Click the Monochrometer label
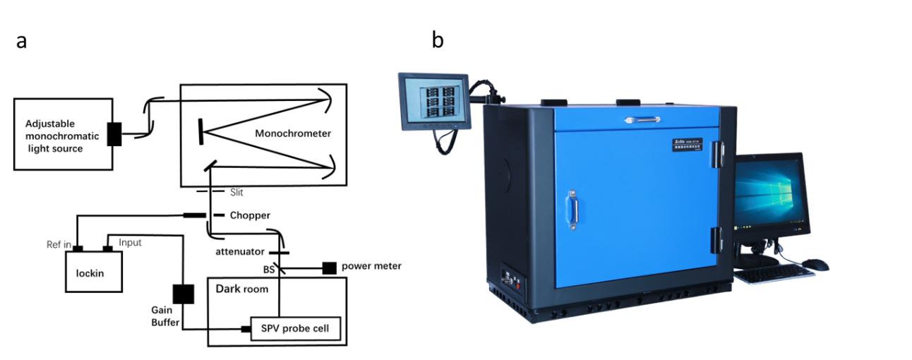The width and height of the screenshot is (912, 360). [x=293, y=133]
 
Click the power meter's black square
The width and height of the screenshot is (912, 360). [x=330, y=268]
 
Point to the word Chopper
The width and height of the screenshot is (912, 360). [x=250, y=215]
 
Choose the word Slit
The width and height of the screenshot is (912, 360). [x=237, y=192]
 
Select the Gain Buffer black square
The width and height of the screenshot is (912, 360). [x=183, y=294]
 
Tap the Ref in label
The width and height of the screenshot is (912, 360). [x=59, y=244]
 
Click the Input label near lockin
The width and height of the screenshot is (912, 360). [x=130, y=242]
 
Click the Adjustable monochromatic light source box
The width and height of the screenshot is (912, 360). [x=63, y=134]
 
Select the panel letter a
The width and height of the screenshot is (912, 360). [x=21, y=41]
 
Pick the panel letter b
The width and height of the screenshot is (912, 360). [x=438, y=40]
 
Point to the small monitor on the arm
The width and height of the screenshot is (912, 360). [x=434, y=101]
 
